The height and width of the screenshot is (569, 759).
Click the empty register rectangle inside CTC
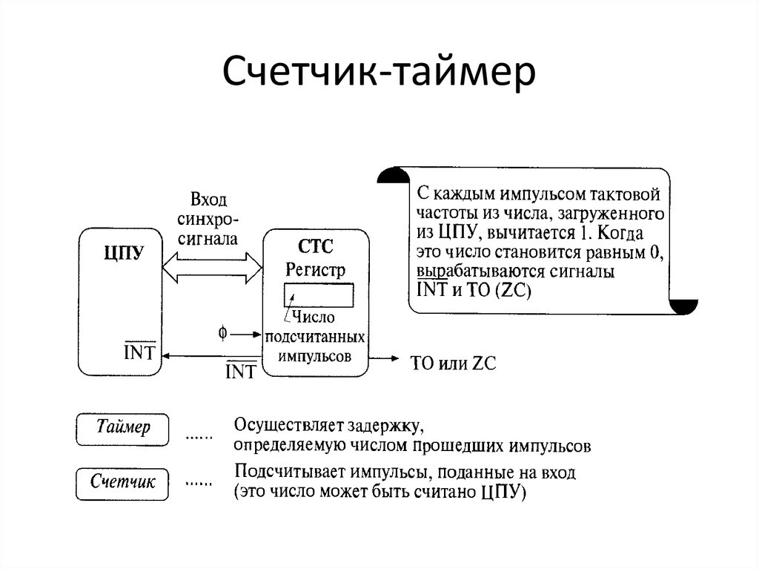(318, 296)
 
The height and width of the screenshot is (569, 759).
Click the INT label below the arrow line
(240, 369)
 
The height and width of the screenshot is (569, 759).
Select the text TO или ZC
(453, 364)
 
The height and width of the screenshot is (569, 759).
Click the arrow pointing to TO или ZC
(385, 358)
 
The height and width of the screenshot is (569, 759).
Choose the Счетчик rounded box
(123, 482)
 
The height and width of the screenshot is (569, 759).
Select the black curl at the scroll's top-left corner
(393, 176)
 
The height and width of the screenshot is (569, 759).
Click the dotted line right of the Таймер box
(198, 437)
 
